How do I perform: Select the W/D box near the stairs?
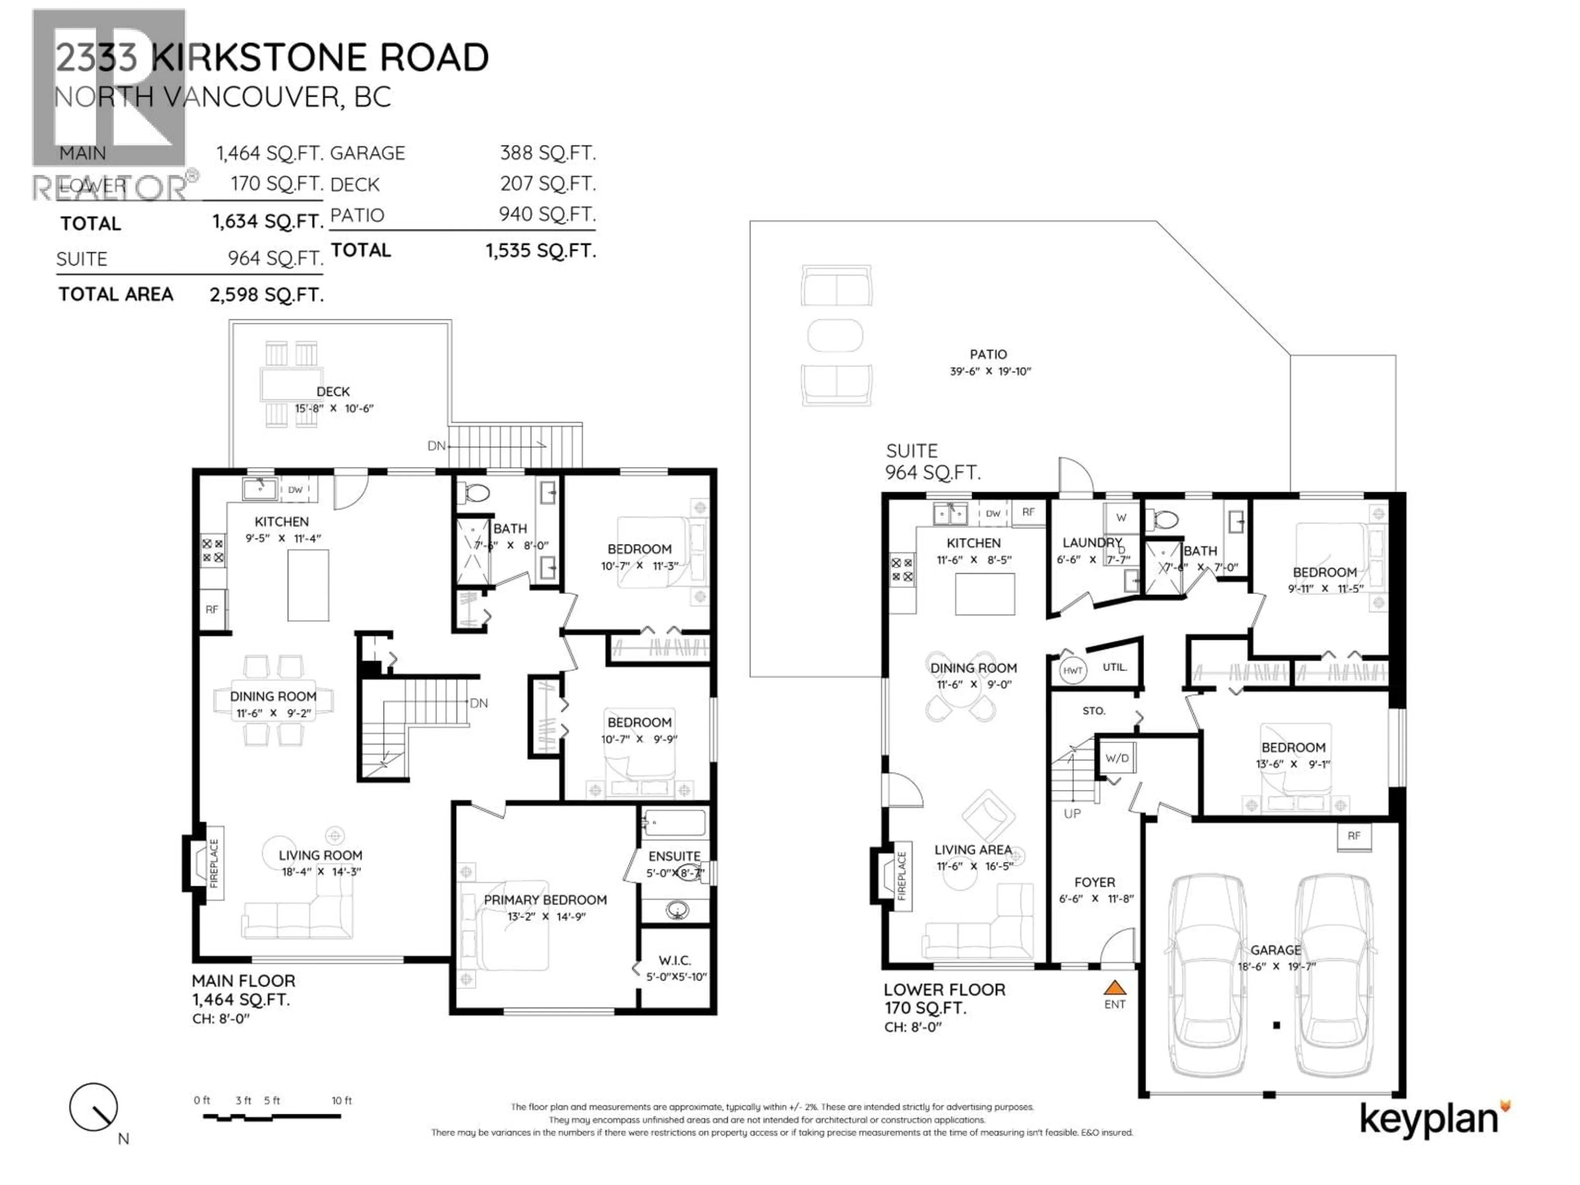[1116, 758]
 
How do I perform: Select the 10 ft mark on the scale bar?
[342, 1101]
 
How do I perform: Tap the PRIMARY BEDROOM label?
[545, 900]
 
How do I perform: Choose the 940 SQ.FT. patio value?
[546, 214]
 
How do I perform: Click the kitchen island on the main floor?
[308, 585]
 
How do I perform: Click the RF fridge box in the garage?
[1354, 836]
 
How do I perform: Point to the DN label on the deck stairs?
[436, 446]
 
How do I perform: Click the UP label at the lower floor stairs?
[1072, 813]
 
